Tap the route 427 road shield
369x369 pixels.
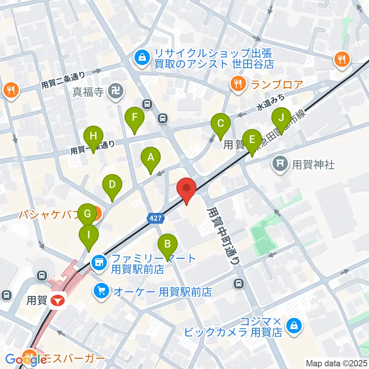(156, 218)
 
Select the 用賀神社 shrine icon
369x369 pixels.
(280, 165)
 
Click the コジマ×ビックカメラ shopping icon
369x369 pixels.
(294, 326)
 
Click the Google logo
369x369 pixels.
(26, 359)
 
